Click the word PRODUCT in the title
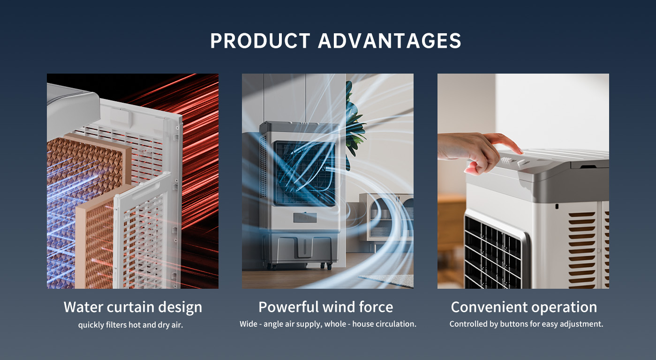[x=260, y=41]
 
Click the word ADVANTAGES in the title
[x=390, y=41]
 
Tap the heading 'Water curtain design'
[x=133, y=307]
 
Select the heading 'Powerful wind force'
[x=326, y=307]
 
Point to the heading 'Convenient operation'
[x=524, y=307]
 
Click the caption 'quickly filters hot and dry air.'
[x=131, y=325]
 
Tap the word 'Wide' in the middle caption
[x=249, y=324]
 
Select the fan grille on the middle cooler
[x=305, y=173]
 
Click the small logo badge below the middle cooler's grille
[x=305, y=217]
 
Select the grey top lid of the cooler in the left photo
[x=73, y=109]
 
